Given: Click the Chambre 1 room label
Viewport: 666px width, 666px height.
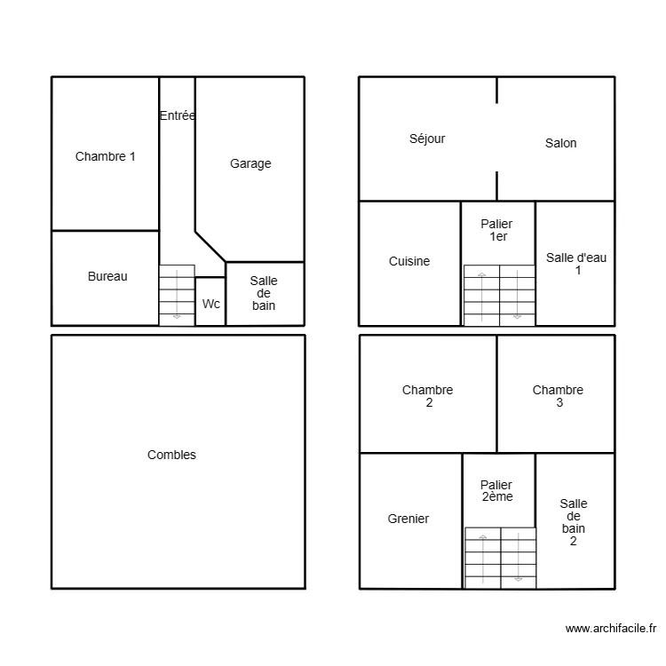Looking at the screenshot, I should pos(106,157).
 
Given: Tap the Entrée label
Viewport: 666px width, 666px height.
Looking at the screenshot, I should pos(178,115).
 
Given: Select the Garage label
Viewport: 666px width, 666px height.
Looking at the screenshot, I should pos(250,163).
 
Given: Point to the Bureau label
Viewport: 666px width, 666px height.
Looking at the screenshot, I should pos(107,276).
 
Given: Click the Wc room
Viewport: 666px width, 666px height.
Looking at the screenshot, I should pos(210,304).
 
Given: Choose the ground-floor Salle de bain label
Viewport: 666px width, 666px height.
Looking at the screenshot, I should pos(264,293).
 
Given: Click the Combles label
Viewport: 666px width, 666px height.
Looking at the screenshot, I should pos(171,455).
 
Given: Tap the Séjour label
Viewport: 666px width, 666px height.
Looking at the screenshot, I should pos(427,139).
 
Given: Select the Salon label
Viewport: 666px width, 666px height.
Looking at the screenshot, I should pos(560,143).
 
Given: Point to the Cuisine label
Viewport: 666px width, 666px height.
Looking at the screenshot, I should pos(409,261).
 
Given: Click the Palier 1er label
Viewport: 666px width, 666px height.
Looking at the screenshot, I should pos(496,231).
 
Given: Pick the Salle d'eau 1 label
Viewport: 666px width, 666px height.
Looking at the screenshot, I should pos(576,264).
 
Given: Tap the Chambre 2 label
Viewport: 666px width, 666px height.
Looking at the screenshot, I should pos(427,396).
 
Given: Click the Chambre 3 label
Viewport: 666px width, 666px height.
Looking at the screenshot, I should pos(558,396).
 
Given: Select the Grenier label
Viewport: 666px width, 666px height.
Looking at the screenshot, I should pos(408,519).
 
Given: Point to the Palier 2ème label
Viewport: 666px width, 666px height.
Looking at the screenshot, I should pos(496,491).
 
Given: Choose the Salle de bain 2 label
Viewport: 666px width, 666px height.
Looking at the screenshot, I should pos(574,522).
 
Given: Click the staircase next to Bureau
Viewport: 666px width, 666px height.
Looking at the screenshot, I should pos(177,295).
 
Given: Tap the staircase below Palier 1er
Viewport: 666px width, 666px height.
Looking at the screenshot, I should pos(499,295).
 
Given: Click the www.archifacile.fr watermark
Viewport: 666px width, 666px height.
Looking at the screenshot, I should pos(610,629).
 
